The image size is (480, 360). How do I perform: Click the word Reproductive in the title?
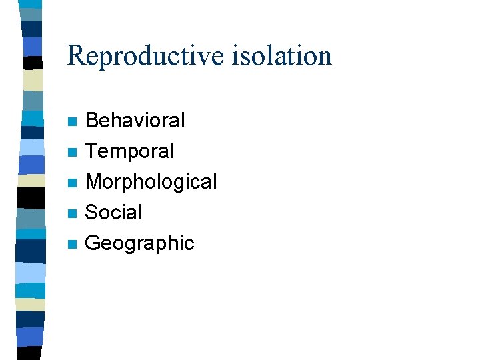146,56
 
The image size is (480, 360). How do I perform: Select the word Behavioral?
135,121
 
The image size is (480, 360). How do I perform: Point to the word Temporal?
130,151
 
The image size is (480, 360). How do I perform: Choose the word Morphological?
151,182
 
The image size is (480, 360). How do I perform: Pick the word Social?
114,213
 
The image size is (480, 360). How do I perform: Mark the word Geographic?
140,243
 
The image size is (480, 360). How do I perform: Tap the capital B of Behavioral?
92,121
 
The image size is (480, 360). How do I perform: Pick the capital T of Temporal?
92,151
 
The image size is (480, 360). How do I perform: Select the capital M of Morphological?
94,182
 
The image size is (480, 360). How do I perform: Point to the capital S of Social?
92,213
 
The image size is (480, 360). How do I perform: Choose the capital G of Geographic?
93,243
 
